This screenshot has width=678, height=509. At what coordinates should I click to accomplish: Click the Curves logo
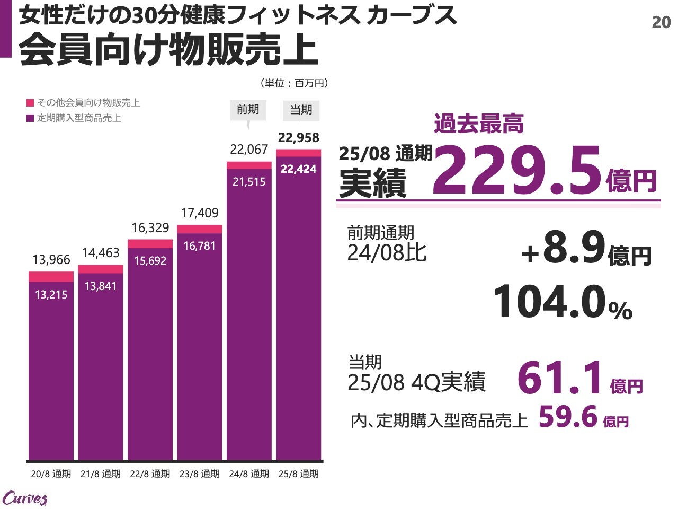click(x=25, y=498)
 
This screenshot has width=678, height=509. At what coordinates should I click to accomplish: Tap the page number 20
click(x=661, y=22)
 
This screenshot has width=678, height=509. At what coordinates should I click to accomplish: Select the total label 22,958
click(x=299, y=138)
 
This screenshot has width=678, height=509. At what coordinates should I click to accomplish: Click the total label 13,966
click(x=51, y=260)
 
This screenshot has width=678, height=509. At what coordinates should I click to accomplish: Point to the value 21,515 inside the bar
click(x=249, y=182)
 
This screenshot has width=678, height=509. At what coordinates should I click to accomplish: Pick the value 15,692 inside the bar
click(x=150, y=261)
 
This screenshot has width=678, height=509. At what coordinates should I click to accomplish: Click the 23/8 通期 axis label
click(x=199, y=473)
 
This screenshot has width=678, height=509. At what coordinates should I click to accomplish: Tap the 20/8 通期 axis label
click(x=51, y=473)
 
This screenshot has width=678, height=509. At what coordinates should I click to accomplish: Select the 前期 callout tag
click(x=248, y=110)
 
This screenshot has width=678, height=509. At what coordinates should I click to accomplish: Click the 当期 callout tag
click(x=301, y=110)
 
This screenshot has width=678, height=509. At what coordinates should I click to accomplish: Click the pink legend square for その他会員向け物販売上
click(x=30, y=103)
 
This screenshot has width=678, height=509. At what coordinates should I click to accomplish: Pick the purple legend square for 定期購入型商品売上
click(x=30, y=118)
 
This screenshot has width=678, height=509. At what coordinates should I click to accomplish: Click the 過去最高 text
click(x=478, y=124)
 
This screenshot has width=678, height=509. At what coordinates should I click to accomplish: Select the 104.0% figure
click(x=562, y=302)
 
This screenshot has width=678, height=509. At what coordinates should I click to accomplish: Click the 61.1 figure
click(x=560, y=378)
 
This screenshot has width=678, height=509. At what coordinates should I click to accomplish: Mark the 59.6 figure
click(x=568, y=417)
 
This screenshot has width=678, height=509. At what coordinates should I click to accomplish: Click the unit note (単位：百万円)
click(x=294, y=83)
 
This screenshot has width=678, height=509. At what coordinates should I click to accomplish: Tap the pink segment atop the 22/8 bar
click(x=150, y=243)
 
